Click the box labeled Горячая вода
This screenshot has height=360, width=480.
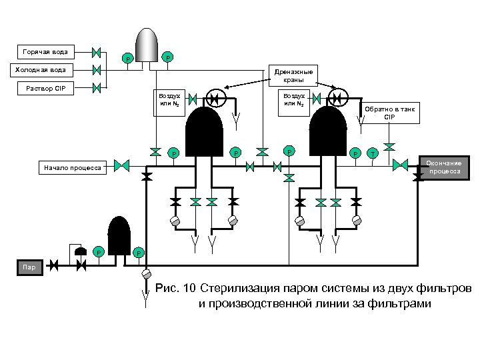[x=46, y=52]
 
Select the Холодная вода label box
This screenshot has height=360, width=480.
[x=41, y=70]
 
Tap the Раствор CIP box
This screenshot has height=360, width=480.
[x=45, y=89]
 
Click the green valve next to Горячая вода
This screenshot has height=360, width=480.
[x=97, y=53]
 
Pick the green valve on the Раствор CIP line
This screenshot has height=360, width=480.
[x=97, y=88]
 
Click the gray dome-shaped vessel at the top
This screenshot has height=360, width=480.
[x=147, y=45]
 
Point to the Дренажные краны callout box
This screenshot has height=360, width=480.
[x=293, y=75]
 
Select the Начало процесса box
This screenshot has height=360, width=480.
[x=73, y=168]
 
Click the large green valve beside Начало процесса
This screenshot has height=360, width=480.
[x=122, y=165]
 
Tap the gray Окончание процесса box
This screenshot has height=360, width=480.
[x=444, y=167]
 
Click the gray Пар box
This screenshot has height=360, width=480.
[x=30, y=267]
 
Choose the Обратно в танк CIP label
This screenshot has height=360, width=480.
[x=389, y=113]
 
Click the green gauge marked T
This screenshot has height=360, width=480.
[x=373, y=154]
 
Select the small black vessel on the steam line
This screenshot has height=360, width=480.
[x=119, y=235]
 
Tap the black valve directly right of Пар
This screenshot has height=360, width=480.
[x=54, y=265]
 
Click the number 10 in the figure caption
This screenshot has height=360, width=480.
[x=189, y=288]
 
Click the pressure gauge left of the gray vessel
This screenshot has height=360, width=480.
[x=127, y=59]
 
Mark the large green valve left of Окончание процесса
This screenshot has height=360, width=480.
[x=400, y=165]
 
